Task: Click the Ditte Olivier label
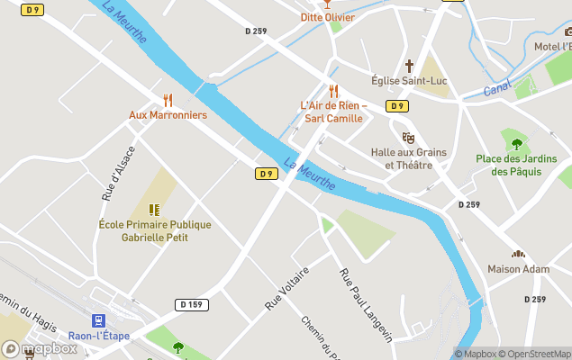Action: pos(327,17)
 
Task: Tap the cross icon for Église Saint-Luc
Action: pos(409,66)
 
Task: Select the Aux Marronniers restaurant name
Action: pos(168,115)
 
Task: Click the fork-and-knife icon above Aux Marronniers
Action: pos(168,99)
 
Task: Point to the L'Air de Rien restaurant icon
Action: pos(333,90)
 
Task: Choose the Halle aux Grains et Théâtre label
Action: pos(408,158)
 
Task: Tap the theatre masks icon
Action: pos(408,138)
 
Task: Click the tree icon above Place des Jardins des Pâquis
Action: pos(517,143)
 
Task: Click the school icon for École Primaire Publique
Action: pos(154,209)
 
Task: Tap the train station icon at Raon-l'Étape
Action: pos(97,320)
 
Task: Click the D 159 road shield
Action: pos(189,304)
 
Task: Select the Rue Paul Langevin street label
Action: pos(365,304)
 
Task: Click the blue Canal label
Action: pos(497,90)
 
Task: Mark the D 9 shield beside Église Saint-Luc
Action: pos(396,106)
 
